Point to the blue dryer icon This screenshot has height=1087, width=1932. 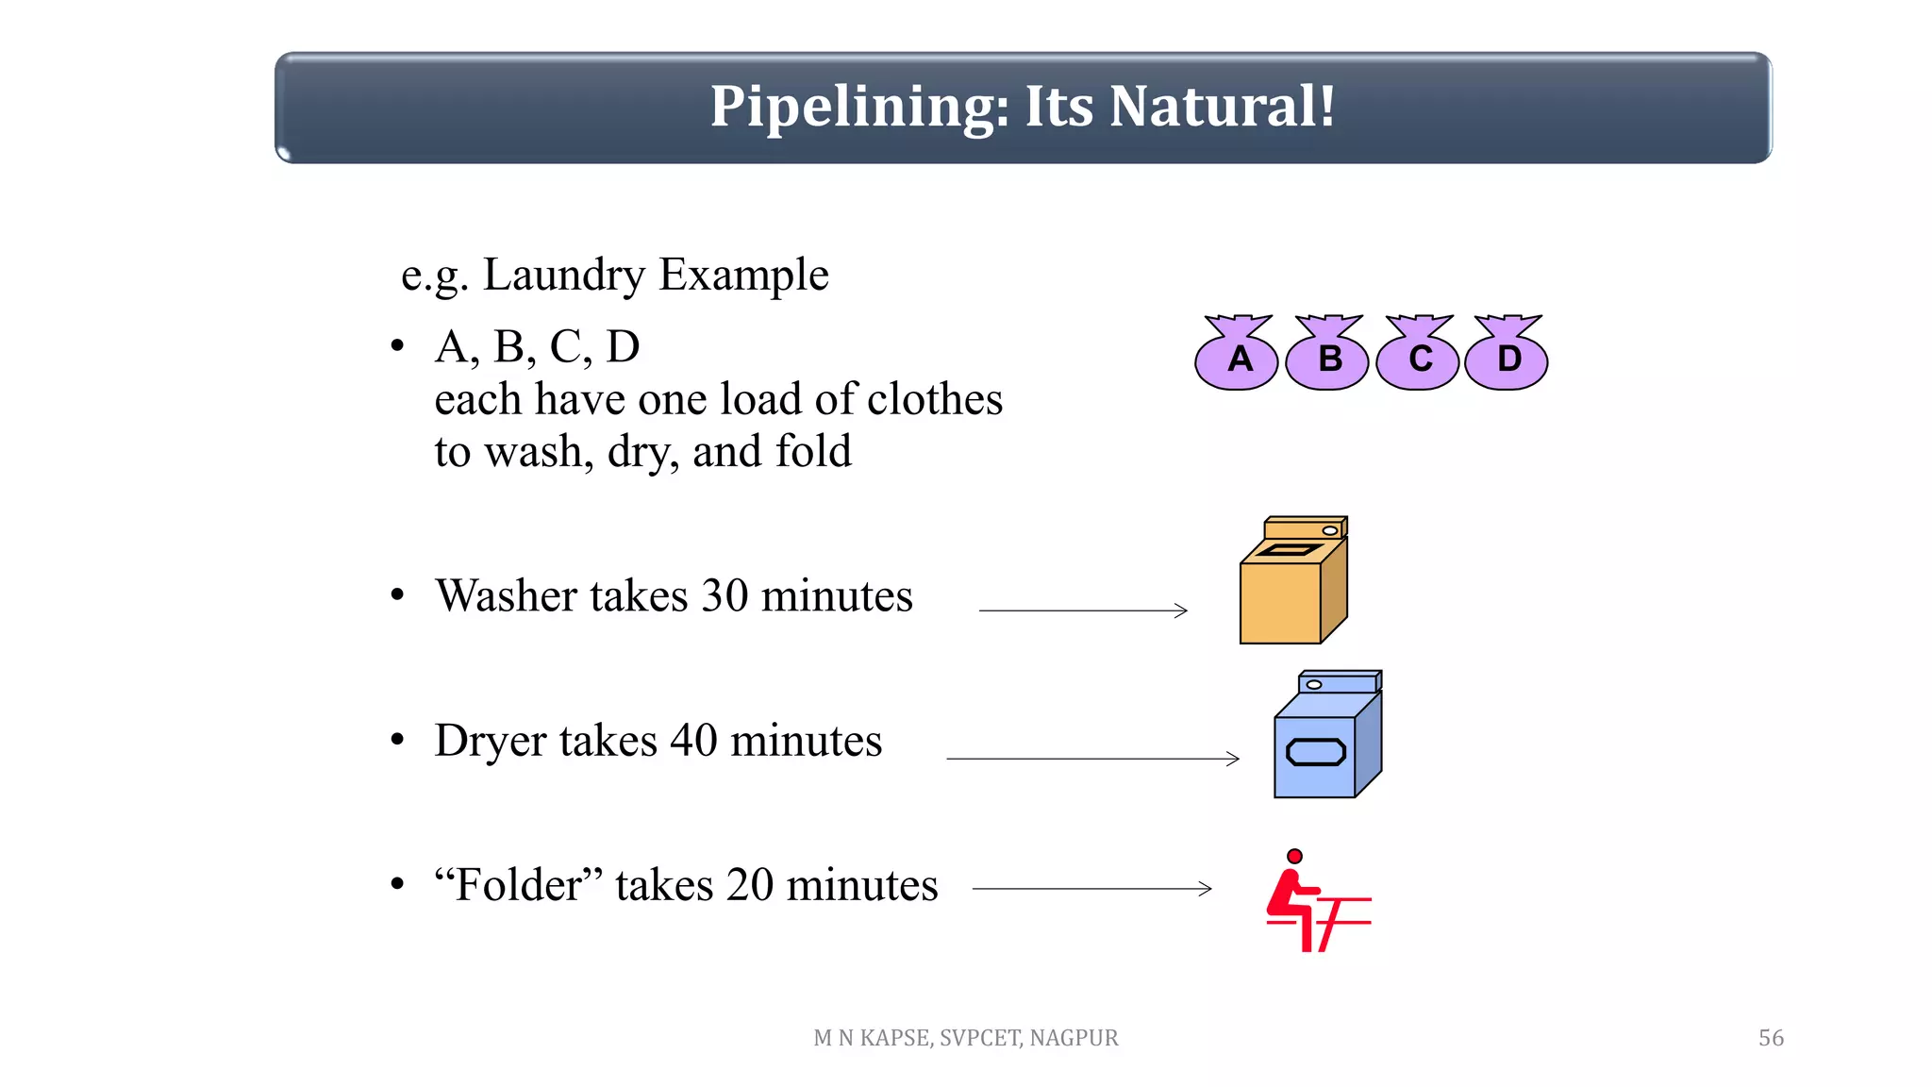[1326, 741]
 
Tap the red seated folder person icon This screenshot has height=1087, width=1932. [1311, 906]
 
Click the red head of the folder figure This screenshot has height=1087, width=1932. [1294, 856]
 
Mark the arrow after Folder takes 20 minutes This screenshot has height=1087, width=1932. [1091, 888]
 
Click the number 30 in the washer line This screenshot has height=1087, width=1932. [724, 596]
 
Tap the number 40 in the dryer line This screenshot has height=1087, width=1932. [693, 741]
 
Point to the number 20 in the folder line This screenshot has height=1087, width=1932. [749, 885]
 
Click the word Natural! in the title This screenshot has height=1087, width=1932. [1223, 106]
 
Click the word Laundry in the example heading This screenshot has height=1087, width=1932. [563, 276]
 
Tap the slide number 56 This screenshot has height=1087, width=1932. [1771, 1038]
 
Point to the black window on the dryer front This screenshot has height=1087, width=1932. [1315, 752]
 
